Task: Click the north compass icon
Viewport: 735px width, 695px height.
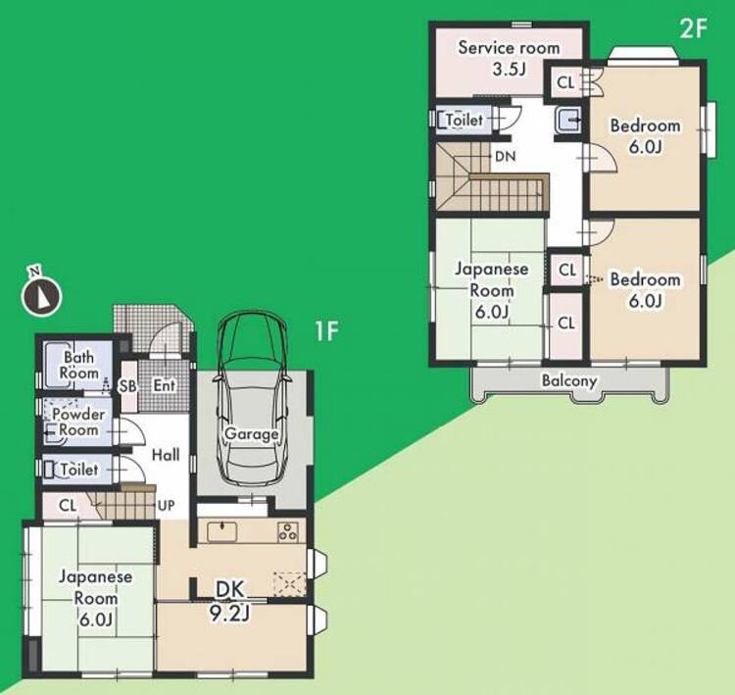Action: pos(42,293)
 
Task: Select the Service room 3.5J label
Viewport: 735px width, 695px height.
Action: pos(509,58)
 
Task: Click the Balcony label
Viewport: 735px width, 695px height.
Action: pos(569,380)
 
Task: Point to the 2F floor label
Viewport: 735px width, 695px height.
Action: pos(693,29)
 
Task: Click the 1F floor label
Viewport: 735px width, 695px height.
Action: pos(326,331)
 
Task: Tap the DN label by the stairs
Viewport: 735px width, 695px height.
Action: pos(506,156)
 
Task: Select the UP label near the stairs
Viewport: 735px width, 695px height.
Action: pos(166,505)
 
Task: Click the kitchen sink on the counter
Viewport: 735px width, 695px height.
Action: pos(221,532)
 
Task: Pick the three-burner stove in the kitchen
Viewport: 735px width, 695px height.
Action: pos(288,532)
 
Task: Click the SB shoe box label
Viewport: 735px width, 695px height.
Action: pos(127,386)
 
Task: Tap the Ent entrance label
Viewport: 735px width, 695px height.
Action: pos(164,385)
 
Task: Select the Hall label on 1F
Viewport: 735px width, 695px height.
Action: pos(166,455)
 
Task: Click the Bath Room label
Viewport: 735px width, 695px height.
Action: pos(78,366)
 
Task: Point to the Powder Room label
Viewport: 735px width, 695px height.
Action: pos(78,422)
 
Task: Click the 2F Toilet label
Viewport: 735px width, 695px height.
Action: pos(465,120)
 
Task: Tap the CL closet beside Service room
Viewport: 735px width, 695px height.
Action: pos(565,83)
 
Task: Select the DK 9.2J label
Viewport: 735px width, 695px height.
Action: pos(230,601)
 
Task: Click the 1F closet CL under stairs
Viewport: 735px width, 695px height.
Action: pos(68,505)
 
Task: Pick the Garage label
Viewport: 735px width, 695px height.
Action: pos(252,434)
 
